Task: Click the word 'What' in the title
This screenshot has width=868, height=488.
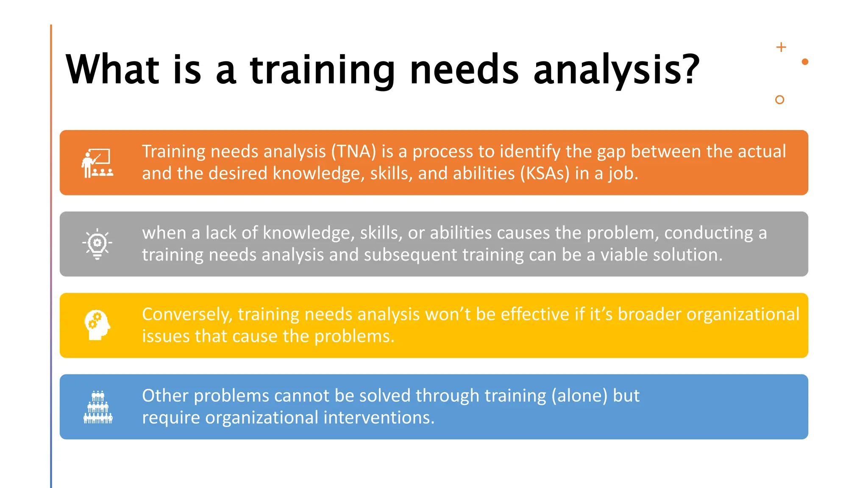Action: (112, 70)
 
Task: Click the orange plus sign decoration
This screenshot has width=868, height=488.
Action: (781, 47)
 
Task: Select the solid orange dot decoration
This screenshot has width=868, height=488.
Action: (805, 62)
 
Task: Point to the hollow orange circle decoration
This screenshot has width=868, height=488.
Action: (779, 100)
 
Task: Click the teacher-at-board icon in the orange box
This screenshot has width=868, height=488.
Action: (97, 163)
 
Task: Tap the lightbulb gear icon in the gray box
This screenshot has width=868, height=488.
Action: (97, 244)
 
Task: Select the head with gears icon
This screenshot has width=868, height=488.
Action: (97, 325)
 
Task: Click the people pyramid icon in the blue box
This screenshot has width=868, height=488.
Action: (98, 407)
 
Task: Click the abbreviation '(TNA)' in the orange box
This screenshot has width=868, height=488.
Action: (353, 152)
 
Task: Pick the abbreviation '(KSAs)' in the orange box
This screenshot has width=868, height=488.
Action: (545, 174)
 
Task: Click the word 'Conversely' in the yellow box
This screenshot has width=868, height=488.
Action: (187, 315)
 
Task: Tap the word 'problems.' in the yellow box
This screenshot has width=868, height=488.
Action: (354, 337)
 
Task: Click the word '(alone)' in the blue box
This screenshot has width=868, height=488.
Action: (579, 396)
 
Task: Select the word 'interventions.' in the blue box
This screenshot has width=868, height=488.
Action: (379, 418)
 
